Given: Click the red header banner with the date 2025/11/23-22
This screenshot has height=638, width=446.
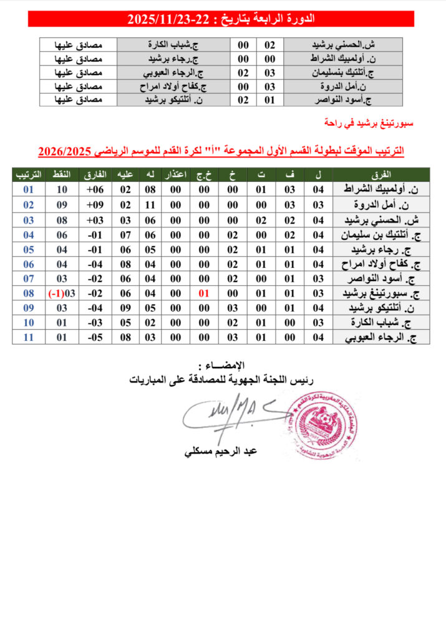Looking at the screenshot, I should tap(221, 19).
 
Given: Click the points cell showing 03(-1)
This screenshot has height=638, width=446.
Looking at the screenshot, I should tap(62, 293).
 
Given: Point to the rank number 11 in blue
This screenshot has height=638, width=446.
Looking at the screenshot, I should tap(28, 337).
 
